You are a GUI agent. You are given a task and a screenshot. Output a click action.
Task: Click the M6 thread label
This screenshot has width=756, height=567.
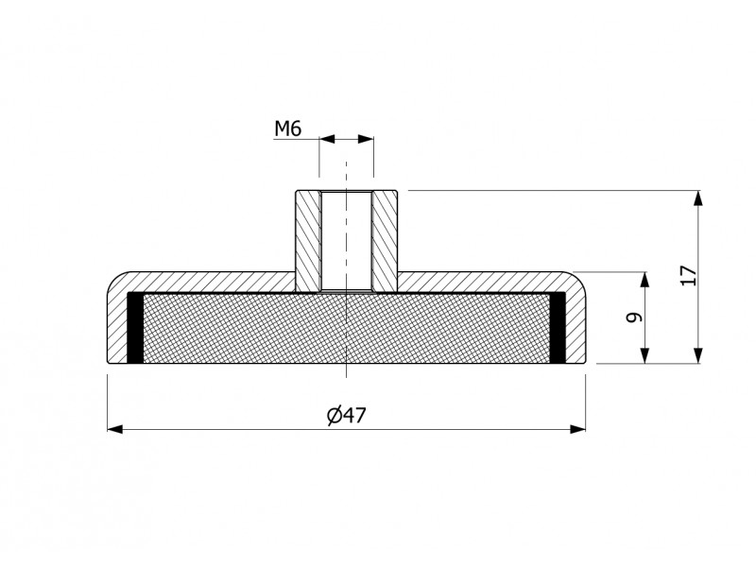tap(288, 129)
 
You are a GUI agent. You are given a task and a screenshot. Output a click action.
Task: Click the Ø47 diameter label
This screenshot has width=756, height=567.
tap(347, 415)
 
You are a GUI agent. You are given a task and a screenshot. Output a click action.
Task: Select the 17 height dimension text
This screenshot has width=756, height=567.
tap(689, 275)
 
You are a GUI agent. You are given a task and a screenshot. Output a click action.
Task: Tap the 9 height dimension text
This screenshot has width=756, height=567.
tap(634, 318)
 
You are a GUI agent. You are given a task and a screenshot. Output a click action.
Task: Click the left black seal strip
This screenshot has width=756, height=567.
tap(134, 328)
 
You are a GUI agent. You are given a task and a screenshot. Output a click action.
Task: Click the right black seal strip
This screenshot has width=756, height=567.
tap(558, 328)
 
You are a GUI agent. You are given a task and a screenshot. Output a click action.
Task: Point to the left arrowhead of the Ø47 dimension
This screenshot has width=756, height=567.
tap(114, 429)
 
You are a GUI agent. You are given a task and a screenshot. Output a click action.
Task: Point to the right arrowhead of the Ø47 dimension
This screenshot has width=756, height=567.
tap(577, 429)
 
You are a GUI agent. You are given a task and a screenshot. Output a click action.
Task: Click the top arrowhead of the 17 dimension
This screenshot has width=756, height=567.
tap(698, 198)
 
